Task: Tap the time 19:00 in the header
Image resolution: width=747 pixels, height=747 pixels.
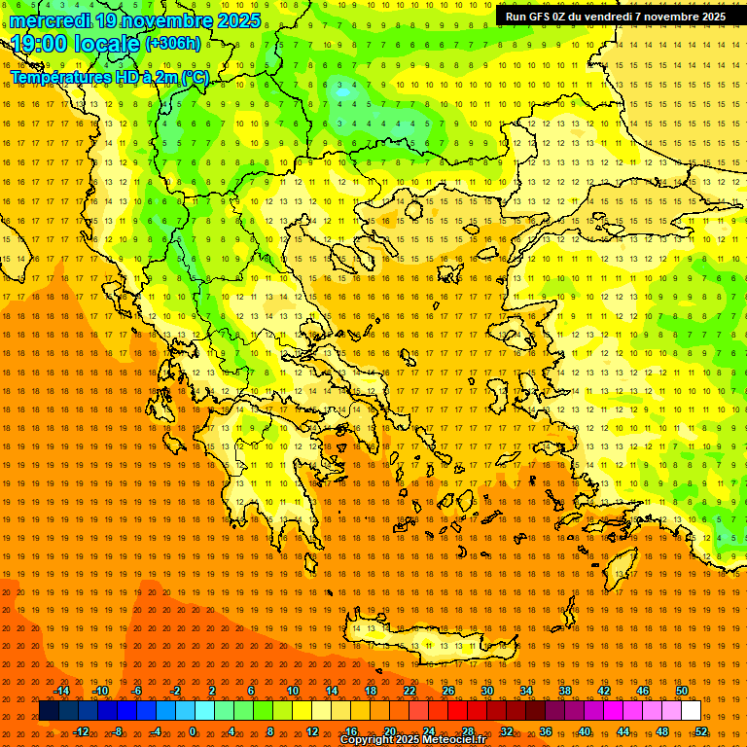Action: point(43,43)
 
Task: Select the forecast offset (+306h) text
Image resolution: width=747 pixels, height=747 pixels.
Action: point(173,43)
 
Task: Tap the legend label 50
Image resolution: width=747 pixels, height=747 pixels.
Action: point(682,691)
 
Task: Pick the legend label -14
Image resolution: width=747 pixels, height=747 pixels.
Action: point(61,691)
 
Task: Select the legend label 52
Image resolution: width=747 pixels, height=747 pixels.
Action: point(700,731)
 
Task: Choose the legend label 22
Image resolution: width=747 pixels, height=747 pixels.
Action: point(409,691)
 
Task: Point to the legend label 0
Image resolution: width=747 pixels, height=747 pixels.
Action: point(192,731)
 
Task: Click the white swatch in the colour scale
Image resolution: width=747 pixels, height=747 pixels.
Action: point(691,711)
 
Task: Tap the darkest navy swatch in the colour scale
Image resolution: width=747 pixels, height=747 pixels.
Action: point(49,711)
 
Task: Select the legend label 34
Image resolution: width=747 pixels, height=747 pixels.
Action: point(526,691)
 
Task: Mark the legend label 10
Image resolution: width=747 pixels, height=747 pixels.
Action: point(293,691)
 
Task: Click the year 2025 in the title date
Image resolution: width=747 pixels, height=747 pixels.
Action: point(237,20)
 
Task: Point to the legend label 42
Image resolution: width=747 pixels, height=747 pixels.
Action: point(604,691)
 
